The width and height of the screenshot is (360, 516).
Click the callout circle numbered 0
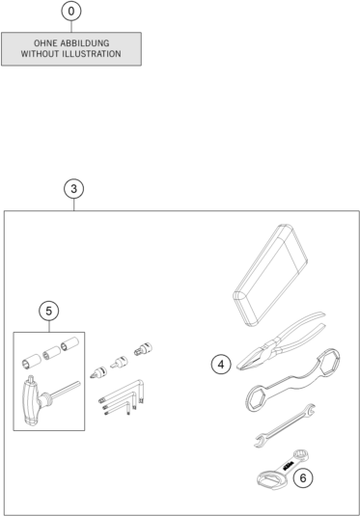[x=71, y=12]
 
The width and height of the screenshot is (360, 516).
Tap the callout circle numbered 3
[x=73, y=189]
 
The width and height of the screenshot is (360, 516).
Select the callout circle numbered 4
[x=221, y=365]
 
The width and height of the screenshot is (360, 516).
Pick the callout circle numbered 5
[x=49, y=311]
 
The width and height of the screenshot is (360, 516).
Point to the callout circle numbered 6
[x=303, y=477]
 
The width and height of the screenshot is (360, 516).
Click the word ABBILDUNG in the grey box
[x=85, y=43]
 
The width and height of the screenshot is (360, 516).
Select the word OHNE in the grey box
[x=45, y=43]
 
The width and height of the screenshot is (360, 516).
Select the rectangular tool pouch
[x=270, y=275]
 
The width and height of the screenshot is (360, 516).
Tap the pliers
[x=280, y=342]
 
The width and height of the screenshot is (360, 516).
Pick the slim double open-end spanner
[x=285, y=424]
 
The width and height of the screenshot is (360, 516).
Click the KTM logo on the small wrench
[x=287, y=466]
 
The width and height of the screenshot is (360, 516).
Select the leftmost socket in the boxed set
[x=32, y=362]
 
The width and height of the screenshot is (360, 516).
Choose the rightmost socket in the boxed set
[x=70, y=345]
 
